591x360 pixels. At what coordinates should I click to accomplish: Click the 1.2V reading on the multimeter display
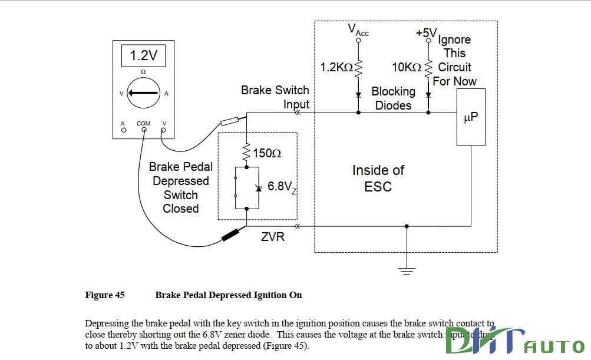(143, 56)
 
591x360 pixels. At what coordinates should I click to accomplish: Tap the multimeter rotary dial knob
(143, 93)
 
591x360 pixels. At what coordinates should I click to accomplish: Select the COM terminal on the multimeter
(143, 130)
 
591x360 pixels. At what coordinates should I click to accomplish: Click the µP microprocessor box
(471, 117)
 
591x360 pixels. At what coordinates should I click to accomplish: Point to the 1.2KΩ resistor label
(336, 68)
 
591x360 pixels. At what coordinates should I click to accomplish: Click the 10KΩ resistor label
(407, 68)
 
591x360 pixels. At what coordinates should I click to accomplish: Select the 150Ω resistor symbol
(247, 153)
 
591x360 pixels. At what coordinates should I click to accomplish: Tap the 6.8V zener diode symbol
(257, 187)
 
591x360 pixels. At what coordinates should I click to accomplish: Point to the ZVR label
(273, 237)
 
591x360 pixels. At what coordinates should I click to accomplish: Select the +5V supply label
(425, 33)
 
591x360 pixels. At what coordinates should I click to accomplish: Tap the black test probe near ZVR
(232, 236)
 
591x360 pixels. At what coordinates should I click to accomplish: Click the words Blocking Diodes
(393, 98)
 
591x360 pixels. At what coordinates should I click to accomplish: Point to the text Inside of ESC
(378, 178)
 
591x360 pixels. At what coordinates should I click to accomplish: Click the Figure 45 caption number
(105, 295)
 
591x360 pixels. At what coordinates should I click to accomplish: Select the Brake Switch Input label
(275, 97)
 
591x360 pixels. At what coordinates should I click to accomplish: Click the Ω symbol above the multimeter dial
(143, 72)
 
